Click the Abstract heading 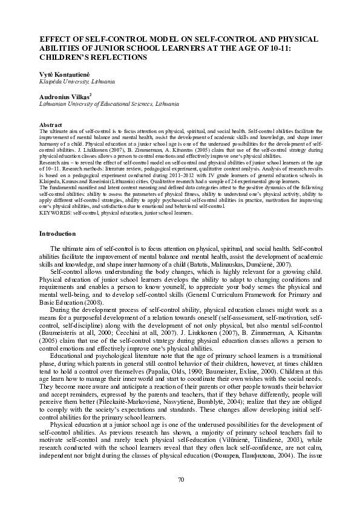click(x=50, y=125)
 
